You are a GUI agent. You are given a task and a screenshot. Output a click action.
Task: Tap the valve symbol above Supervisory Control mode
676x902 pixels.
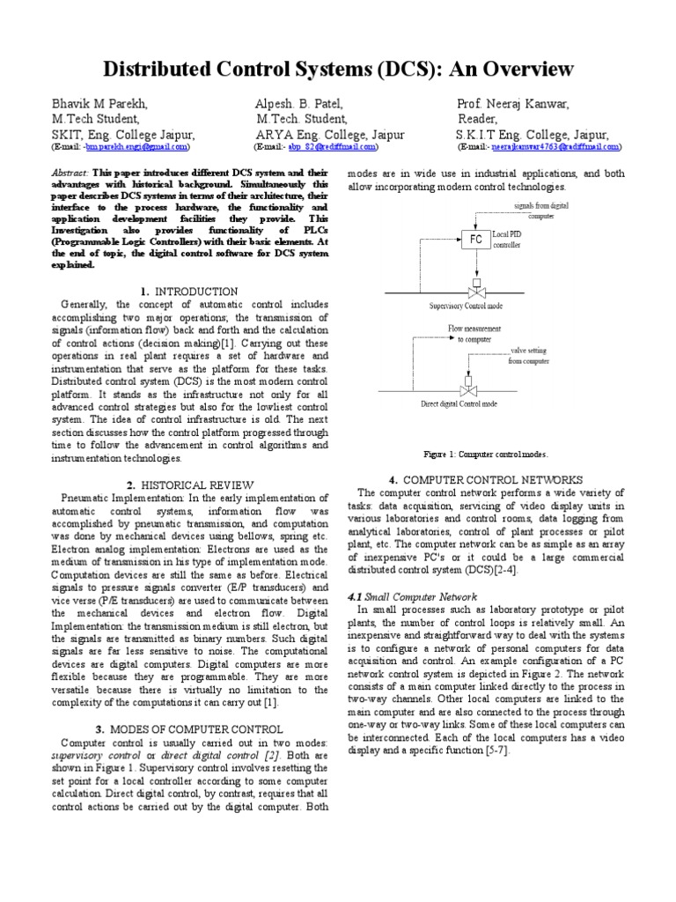[476, 290]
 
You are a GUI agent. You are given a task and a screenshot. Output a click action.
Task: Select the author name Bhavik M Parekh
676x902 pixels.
[100, 104]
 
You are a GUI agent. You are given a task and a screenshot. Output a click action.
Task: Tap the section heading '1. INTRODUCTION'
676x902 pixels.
[188, 292]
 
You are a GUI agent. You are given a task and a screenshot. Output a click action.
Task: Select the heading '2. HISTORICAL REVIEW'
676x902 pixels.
[189, 485]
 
